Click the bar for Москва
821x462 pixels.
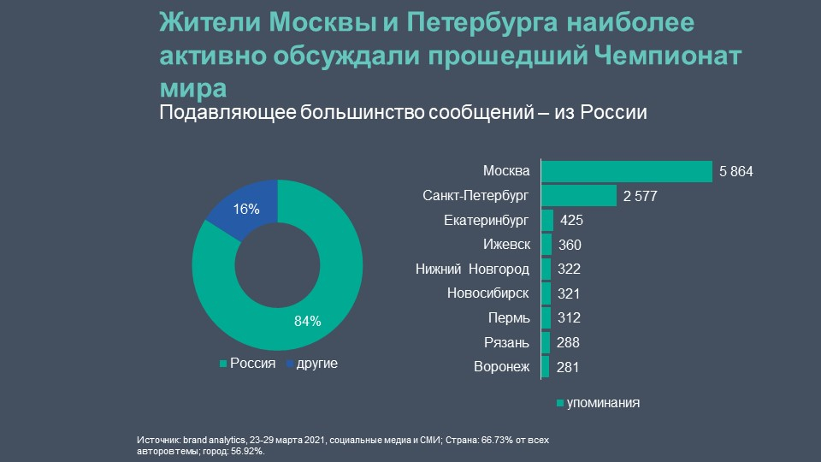click(x=626, y=171)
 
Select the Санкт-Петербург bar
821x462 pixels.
click(x=578, y=196)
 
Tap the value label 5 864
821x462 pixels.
click(x=735, y=172)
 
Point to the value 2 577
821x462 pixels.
click(x=640, y=197)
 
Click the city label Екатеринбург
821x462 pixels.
click(x=487, y=221)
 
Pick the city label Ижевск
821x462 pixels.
click(x=506, y=246)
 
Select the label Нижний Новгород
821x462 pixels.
click(x=472, y=269)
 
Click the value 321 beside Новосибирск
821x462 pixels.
click(x=569, y=294)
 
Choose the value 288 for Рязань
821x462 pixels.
click(x=568, y=343)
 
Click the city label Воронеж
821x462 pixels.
click(x=501, y=368)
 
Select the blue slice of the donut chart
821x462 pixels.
click(x=241, y=204)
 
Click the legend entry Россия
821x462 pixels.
click(x=252, y=364)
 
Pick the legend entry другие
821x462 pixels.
click(x=316, y=364)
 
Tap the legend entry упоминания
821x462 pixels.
click(x=604, y=402)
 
